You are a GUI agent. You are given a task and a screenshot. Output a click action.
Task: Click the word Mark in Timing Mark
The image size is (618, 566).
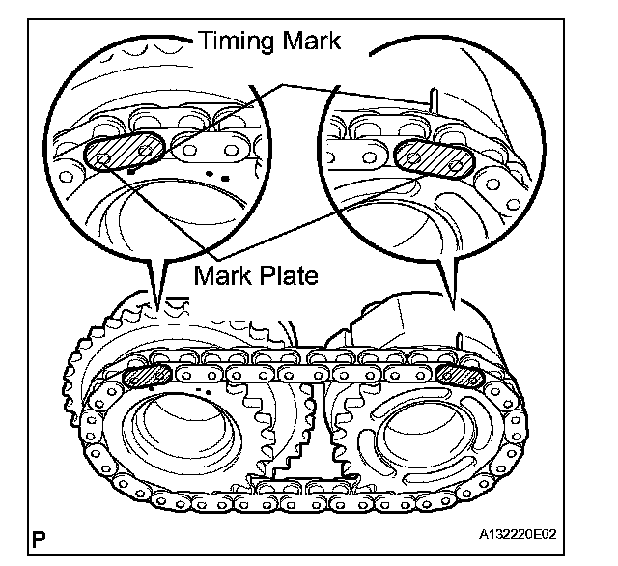click(x=318, y=42)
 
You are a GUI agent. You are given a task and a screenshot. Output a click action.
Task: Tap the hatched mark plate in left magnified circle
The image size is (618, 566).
click(x=121, y=153)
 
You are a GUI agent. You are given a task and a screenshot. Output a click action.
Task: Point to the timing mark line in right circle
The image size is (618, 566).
click(x=435, y=100)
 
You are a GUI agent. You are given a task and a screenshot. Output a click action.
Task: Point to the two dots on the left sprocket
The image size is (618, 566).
click(x=203, y=391)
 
